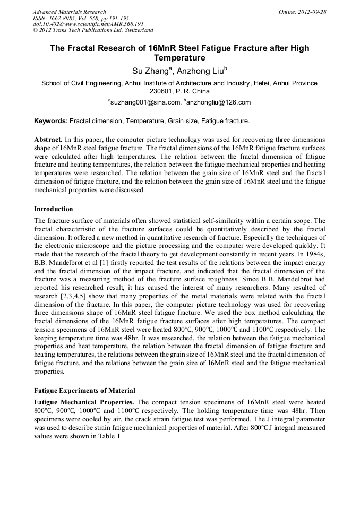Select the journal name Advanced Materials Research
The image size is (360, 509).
pos(70,12)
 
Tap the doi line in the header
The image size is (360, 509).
pos(88,24)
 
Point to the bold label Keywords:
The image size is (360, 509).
pos(51,121)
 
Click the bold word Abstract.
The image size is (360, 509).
pos(48,139)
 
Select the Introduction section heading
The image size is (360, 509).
pos(54,209)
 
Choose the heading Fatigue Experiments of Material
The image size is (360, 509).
pos(84,391)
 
